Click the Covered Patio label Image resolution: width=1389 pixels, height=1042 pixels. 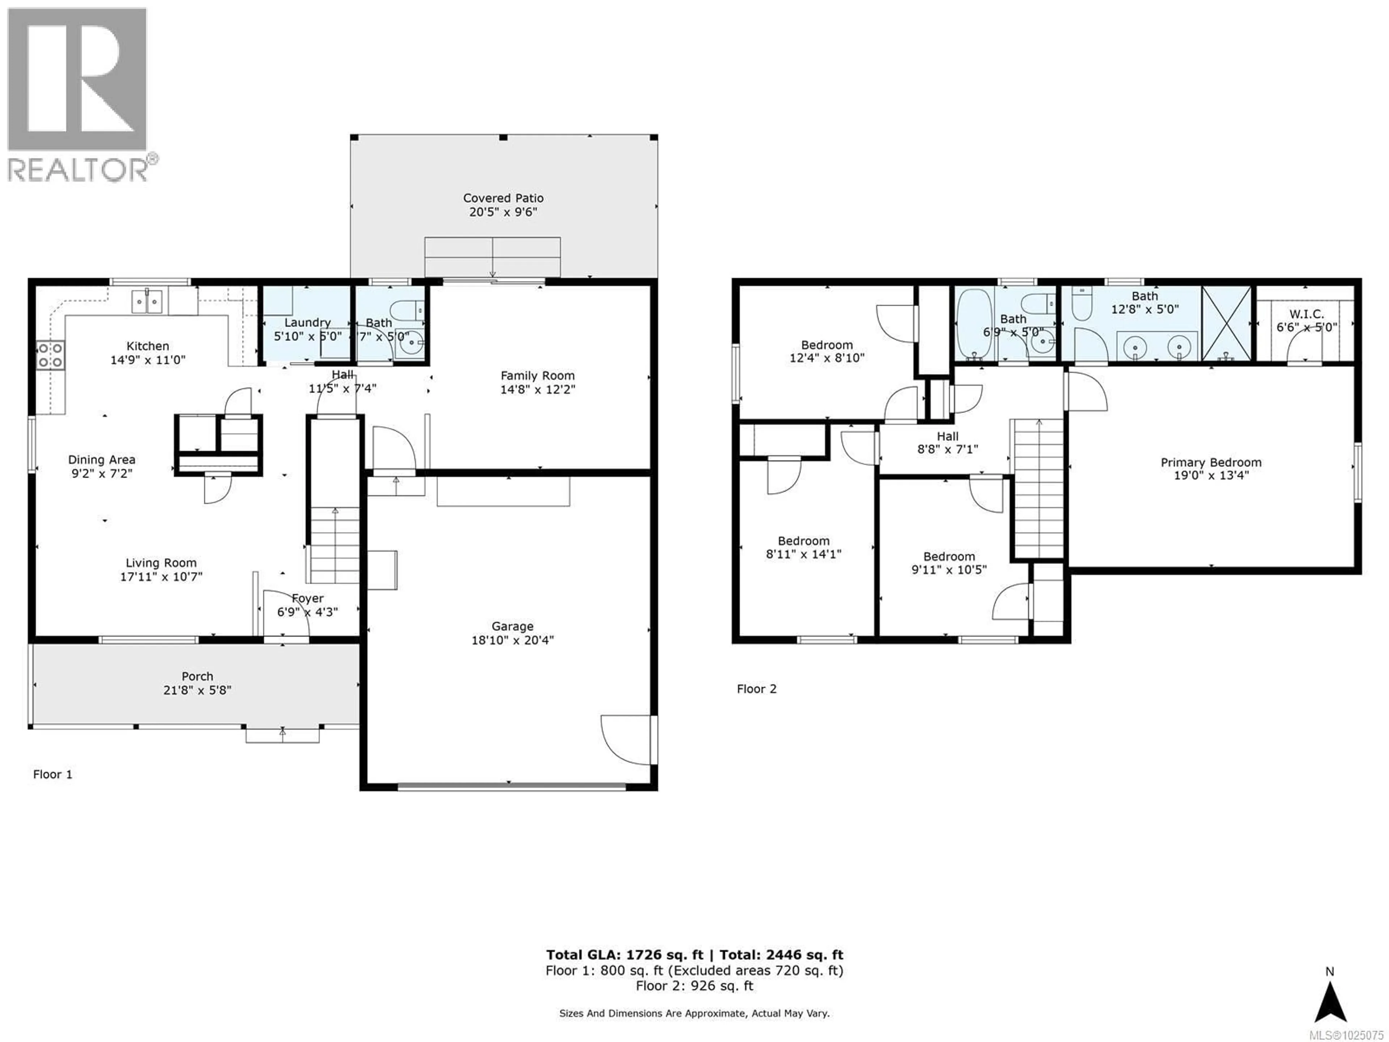pos(503,198)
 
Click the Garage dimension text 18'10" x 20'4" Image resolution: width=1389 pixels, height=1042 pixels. pos(513,640)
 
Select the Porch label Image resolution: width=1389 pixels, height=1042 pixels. pos(197,677)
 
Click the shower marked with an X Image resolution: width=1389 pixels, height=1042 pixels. pos(1227,323)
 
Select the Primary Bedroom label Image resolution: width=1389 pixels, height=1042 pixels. pos(1211,462)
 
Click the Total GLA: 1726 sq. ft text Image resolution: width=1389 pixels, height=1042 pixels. pos(624,955)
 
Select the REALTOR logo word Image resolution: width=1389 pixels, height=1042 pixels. pos(78,170)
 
